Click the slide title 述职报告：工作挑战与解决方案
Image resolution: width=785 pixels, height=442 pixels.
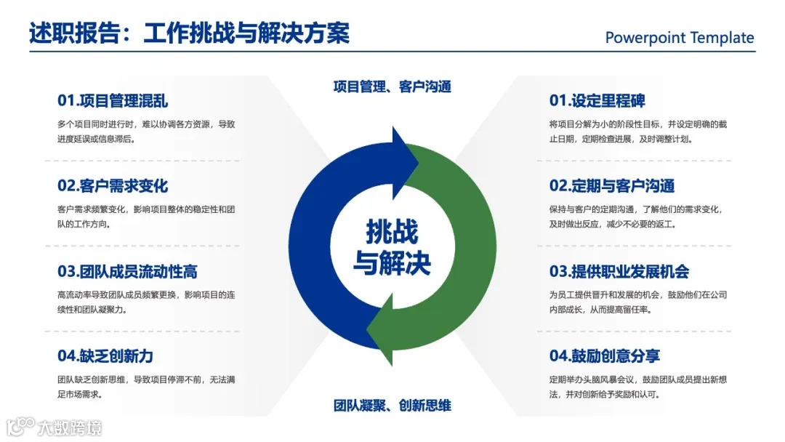189,34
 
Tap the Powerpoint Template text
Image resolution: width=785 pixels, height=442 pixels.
680,38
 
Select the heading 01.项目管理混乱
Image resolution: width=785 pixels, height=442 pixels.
113,101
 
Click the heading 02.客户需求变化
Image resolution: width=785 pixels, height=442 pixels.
113,186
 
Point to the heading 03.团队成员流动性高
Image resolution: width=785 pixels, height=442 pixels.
127,272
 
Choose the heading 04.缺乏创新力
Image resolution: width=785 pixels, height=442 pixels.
105,356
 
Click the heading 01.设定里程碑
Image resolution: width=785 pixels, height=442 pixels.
597,101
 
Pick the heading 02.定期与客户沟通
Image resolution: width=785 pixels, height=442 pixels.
612,186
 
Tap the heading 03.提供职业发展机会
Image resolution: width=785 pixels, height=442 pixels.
619,272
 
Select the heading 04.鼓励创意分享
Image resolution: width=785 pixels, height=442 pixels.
605,356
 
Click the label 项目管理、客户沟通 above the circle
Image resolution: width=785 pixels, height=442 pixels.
392,87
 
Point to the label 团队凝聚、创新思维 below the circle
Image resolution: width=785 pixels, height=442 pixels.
392,406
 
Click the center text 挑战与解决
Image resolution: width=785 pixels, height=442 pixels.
392,247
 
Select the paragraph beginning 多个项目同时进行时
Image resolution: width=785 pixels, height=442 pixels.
146,131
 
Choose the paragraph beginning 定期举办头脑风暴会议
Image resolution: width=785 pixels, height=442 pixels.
638,387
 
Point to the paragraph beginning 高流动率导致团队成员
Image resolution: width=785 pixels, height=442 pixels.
146,302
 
